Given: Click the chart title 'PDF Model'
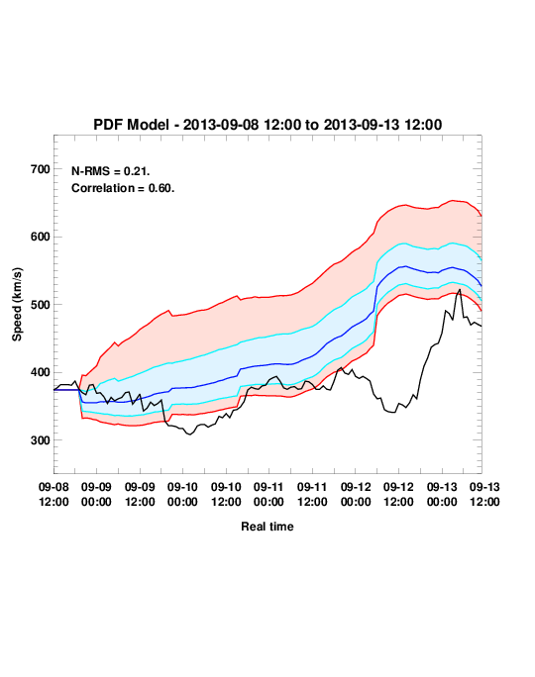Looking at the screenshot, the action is click(131, 125).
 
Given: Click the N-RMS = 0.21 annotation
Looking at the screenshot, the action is click(110, 171).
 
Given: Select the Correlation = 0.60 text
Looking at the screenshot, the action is click(123, 188).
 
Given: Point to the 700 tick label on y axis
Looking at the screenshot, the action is click(41, 169).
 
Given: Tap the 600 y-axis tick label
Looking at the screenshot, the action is click(41, 237).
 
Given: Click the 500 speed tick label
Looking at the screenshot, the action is click(41, 305).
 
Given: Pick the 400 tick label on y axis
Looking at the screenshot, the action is click(41, 372).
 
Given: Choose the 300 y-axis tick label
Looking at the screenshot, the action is click(41, 440).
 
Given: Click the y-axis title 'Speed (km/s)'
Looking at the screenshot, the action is click(17, 305).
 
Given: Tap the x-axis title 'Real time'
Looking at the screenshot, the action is click(267, 527).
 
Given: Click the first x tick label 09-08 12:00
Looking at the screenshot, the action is click(53, 494).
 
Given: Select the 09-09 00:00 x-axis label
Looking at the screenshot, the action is click(96, 494).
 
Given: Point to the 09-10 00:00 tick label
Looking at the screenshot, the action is click(182, 494).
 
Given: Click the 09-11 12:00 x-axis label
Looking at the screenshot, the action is click(312, 494).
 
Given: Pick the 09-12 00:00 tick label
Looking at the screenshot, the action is click(356, 494).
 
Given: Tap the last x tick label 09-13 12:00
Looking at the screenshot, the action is click(484, 494).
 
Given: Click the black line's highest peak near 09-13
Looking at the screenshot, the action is click(460, 289).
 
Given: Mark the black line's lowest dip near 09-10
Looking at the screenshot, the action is click(189, 435).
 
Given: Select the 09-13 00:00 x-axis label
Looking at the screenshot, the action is click(442, 494).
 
